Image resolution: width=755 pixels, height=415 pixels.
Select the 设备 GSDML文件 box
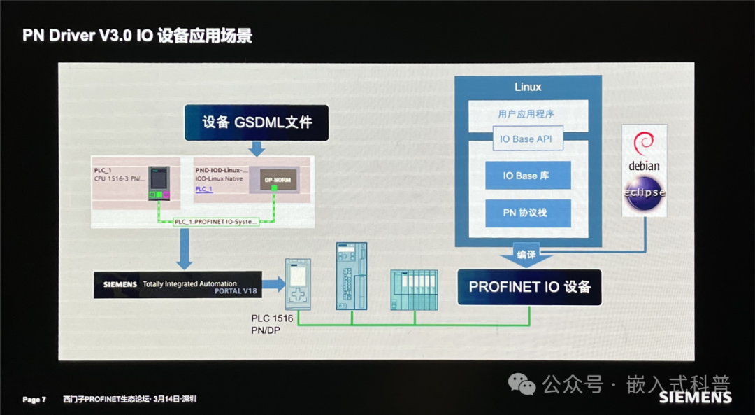click(257, 122)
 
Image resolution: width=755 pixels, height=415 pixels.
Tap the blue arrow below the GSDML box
click(257, 148)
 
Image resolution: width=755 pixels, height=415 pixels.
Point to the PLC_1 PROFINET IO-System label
click(216, 221)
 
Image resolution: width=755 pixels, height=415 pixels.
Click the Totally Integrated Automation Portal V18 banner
click(178, 285)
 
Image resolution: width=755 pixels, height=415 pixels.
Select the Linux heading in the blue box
click(528, 87)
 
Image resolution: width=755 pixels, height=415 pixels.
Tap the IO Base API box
click(526, 139)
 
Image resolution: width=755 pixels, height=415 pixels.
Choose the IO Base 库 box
click(528, 176)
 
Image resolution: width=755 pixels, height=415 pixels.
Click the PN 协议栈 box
click(528, 213)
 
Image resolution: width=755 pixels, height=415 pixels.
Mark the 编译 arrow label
click(526, 255)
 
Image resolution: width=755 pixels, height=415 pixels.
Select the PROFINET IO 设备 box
click(529, 287)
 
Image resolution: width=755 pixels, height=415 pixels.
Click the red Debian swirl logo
click(643, 144)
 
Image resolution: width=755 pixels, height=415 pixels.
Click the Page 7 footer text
click(34, 400)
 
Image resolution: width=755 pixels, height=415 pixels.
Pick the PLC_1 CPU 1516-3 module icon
click(159, 183)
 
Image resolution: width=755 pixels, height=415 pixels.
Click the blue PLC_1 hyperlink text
click(203, 189)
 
